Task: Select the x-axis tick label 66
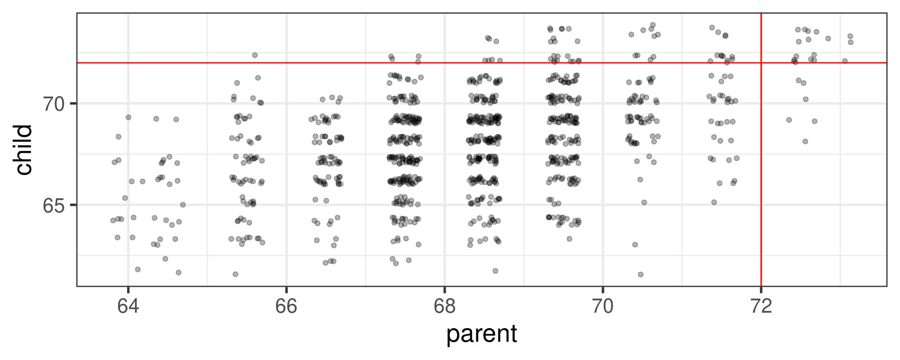286,307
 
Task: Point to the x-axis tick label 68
444,307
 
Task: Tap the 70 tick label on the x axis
603,307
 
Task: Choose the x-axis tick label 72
761,307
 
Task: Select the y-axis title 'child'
23,150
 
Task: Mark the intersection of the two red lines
761,62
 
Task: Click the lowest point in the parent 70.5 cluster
641,274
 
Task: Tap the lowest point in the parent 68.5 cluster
495,270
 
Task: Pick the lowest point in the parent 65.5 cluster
235,274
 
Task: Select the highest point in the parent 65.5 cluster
255,55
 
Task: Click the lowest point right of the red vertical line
805,141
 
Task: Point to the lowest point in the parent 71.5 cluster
714,202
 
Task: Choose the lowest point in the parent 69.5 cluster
570,239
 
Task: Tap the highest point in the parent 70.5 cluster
652,25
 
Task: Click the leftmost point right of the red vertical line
789,120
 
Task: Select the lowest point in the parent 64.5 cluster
179,272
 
